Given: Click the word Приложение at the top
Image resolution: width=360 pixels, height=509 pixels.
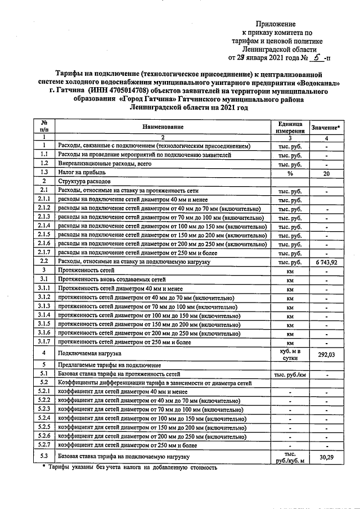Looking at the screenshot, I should (275, 24).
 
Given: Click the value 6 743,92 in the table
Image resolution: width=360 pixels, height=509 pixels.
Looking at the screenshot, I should (327, 262).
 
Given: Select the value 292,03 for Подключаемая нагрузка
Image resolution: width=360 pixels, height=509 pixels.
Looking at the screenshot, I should (327, 355).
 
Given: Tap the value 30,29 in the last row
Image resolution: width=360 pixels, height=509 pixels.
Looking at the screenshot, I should (327, 457).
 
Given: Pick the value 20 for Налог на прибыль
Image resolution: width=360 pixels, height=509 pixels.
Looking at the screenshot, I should (327, 173).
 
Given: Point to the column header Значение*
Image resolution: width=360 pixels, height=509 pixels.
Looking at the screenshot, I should (327, 128).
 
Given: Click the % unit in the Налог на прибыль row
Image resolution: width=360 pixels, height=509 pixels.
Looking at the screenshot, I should (290, 173).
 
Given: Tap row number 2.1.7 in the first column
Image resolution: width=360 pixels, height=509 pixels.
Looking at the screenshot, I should (43, 253).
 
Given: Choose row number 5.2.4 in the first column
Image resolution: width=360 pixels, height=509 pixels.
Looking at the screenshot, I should (43, 418).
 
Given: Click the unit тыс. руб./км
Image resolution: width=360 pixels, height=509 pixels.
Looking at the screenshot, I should (290, 373).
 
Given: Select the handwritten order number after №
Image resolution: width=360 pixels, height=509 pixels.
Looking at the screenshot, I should (318, 57).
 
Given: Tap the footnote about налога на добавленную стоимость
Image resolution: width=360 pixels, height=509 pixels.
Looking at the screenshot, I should (133, 467).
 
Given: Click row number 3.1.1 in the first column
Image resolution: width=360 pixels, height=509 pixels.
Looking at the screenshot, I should (43, 288).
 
